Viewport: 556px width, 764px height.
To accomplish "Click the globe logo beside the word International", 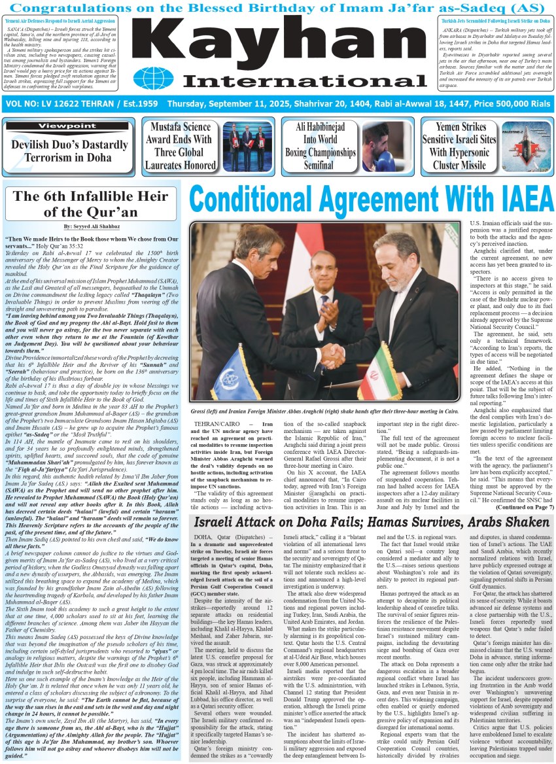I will [158, 78].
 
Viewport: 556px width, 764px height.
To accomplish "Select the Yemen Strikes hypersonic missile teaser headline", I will [463, 147].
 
